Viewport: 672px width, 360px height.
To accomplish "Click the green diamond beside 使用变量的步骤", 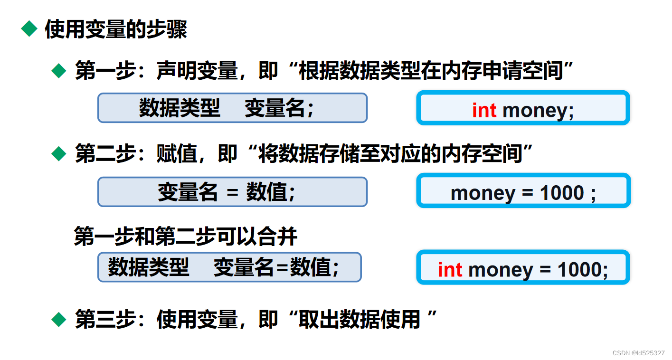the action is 29,29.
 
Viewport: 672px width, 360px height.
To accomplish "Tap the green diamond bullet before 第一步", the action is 59,71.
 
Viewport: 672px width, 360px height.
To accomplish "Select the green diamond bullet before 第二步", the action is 59,154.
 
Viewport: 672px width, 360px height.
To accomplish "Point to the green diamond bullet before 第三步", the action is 59,319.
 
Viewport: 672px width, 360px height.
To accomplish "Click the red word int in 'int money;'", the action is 484,110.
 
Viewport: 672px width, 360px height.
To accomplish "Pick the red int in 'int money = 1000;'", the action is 450,270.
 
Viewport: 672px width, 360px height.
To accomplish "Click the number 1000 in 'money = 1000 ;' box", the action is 562,193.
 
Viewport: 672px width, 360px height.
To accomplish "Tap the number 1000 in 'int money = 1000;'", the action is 579,270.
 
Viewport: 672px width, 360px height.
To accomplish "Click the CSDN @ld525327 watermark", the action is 638,353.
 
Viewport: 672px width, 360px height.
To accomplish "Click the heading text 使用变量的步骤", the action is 116,29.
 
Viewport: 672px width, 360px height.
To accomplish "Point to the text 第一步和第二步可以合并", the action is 186,237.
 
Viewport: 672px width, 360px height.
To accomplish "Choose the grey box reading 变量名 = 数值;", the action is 232,192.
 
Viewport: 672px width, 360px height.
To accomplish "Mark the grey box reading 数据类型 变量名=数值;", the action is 229,267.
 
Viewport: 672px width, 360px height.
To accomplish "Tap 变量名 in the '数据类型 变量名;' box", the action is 274,108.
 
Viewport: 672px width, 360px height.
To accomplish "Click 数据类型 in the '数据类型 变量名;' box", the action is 180,108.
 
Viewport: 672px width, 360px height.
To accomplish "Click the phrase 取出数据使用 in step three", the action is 359,320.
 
